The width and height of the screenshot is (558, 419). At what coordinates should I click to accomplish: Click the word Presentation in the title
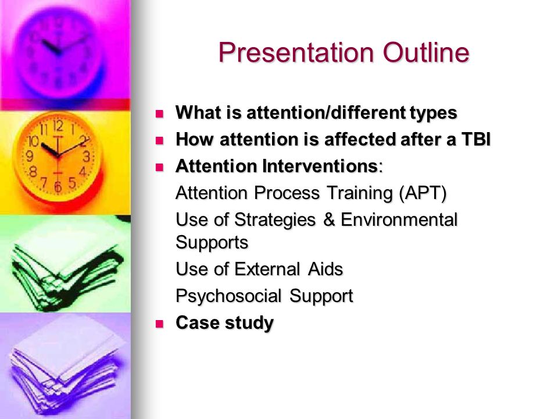[296, 54]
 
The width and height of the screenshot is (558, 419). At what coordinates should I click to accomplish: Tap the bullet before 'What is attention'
[159, 114]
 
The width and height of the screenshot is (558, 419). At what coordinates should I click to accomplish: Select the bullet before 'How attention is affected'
[159, 140]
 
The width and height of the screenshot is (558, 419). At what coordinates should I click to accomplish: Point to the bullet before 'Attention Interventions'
[159, 167]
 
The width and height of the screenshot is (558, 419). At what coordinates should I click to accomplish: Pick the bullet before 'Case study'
[159, 324]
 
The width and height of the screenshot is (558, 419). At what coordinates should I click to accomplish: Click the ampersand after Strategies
[329, 219]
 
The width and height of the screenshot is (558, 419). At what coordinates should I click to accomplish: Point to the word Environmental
[399, 219]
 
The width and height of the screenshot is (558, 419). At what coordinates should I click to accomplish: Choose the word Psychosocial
[228, 296]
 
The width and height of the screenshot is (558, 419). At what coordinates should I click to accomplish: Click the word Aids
[325, 269]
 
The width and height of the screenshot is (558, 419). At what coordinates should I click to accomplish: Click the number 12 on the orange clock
[58, 126]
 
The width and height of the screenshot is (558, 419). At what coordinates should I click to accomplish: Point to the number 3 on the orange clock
[86, 157]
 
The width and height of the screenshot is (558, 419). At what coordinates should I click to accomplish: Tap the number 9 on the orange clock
[30, 156]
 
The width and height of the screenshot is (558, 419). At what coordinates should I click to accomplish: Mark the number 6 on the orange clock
[58, 187]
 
